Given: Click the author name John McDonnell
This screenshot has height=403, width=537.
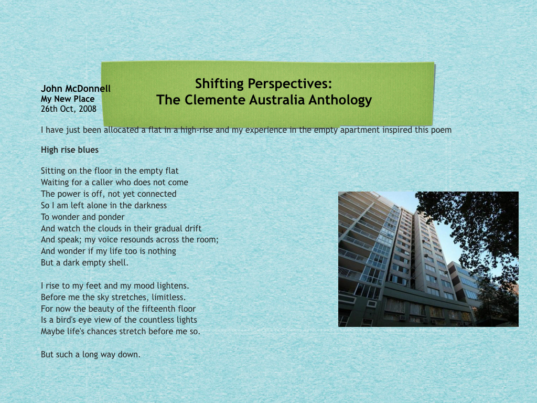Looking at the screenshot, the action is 76,88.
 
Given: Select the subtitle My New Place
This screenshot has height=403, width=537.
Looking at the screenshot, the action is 68,99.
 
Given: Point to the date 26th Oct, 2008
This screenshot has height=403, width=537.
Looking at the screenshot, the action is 69,109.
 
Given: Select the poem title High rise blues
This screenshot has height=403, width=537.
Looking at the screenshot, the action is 70,150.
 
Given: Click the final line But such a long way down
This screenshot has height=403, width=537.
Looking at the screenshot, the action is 90,354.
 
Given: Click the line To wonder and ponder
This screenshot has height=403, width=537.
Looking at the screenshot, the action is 82,217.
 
